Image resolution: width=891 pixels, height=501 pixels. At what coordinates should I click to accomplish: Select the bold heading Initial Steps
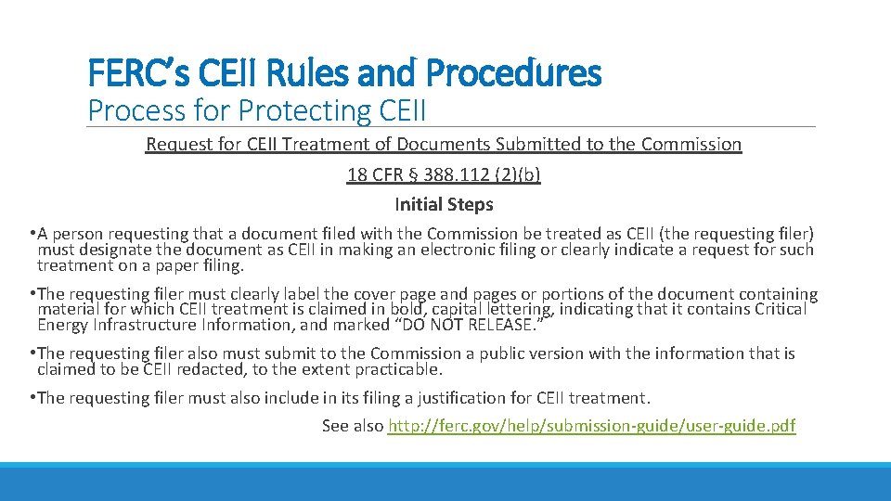(x=444, y=204)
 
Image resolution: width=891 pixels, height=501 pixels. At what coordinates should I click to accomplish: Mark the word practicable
(x=398, y=368)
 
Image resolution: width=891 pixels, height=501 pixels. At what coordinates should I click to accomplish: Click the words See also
(x=353, y=426)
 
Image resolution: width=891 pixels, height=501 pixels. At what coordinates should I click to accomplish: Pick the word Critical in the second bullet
(x=781, y=309)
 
